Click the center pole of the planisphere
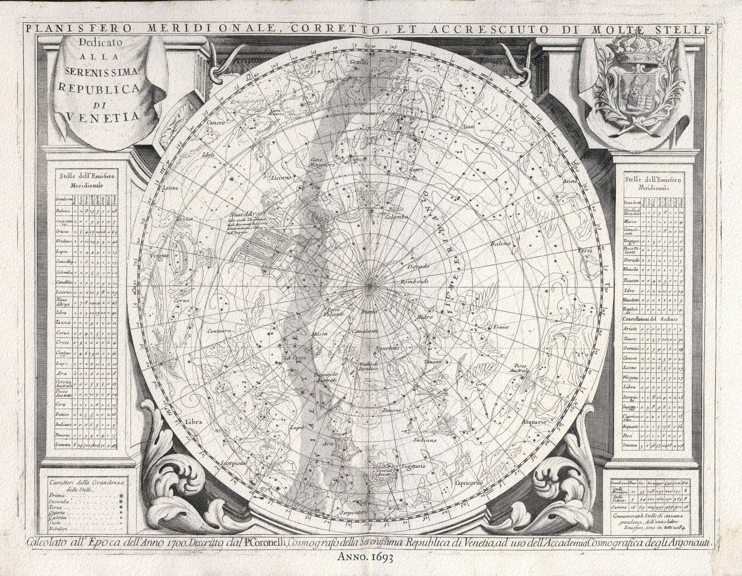(370, 284)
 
